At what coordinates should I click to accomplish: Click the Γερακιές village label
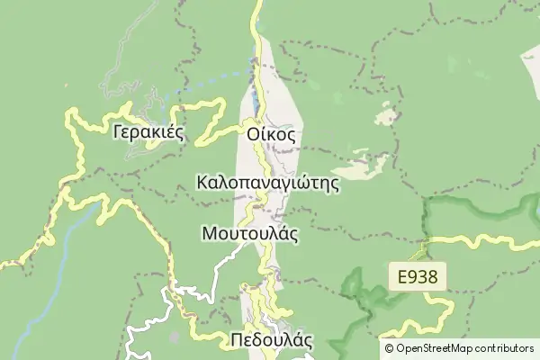tap(148, 133)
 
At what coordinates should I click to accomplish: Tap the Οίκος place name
tap(271, 134)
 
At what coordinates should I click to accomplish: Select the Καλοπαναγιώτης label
tap(266, 184)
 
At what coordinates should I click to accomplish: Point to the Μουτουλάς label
tap(250, 233)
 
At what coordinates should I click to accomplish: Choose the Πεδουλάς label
tap(271, 341)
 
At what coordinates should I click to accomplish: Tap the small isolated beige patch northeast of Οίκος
tap(387, 116)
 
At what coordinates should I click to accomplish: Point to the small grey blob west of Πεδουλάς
tap(173, 337)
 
